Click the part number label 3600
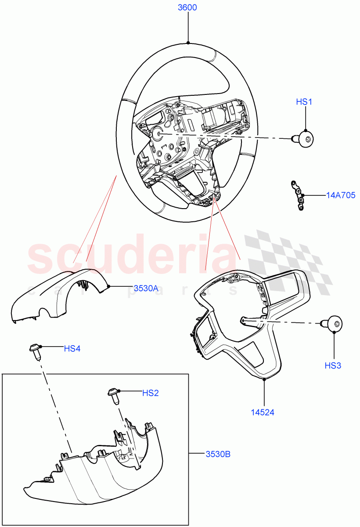(x=187, y=7)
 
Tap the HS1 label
(x=304, y=102)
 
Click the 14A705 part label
(x=340, y=195)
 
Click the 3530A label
(x=145, y=289)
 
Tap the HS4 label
(x=72, y=349)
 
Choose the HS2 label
(x=150, y=393)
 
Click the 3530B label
(x=218, y=454)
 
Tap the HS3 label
(x=333, y=365)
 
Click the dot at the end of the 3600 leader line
(x=188, y=43)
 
